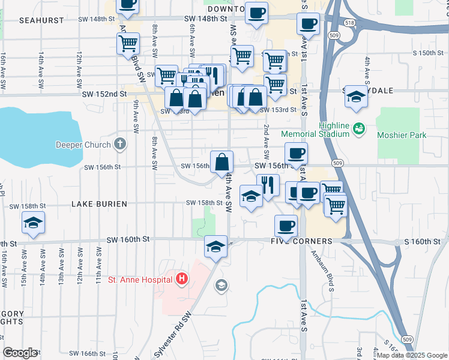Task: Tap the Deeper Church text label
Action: point(83,145)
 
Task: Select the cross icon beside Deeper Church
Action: point(120,144)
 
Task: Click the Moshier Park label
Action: point(402,135)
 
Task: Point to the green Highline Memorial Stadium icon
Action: point(359,128)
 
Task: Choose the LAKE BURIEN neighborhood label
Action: point(99,204)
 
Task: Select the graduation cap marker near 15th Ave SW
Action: point(34,224)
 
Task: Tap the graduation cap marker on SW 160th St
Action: point(215,246)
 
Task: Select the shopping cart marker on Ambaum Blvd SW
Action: point(128,44)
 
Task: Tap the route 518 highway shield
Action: point(349,22)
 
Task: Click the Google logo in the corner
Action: point(20,353)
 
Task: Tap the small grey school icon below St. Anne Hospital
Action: point(221,284)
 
